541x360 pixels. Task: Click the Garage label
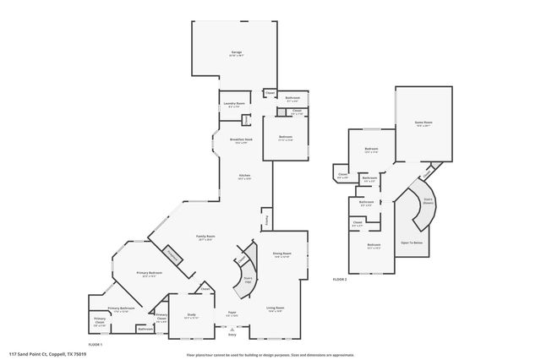click(236, 52)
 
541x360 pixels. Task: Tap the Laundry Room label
click(234, 104)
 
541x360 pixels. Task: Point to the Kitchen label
click(244, 176)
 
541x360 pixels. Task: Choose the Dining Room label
click(281, 254)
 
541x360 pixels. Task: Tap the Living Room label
click(276, 308)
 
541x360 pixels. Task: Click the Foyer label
click(230, 314)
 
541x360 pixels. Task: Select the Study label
click(191, 314)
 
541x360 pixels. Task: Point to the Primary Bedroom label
click(150, 272)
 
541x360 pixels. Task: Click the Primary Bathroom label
click(121, 308)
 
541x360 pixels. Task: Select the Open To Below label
click(412, 243)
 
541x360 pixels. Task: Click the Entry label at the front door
click(231, 335)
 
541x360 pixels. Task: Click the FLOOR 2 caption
click(340, 278)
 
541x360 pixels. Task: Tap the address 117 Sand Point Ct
click(49, 354)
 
